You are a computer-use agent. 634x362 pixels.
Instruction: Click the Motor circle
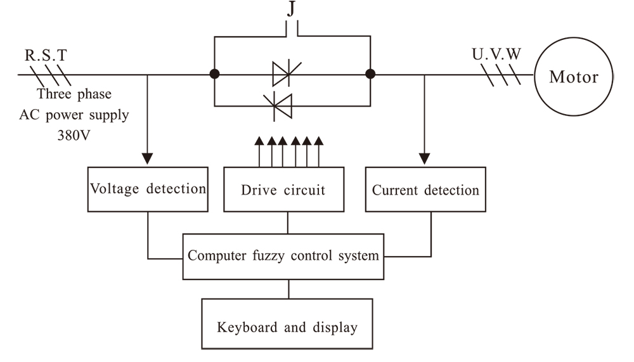coord(573,77)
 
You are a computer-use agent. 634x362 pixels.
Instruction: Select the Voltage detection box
coord(148,189)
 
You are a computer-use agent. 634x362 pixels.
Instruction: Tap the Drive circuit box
coord(283,190)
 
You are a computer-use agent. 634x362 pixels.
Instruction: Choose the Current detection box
coord(425,190)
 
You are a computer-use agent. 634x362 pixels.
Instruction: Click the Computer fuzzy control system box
coord(283,256)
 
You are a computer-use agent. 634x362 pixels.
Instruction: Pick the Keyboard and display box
coord(287,327)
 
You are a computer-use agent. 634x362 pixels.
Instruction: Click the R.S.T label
coord(45,55)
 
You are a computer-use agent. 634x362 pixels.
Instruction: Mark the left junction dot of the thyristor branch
coord(216,74)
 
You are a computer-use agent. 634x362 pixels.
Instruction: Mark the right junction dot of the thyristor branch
coord(370,74)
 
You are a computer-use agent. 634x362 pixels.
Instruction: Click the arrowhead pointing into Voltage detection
coord(148,157)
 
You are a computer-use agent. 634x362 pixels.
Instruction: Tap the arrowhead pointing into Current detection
coord(425,157)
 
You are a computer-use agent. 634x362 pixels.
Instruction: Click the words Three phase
coord(74,94)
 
